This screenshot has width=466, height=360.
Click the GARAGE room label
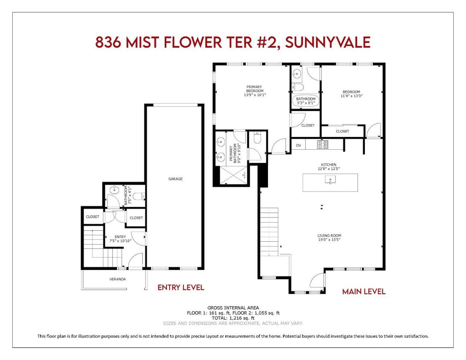click(x=175, y=179)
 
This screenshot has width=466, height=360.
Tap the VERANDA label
click(x=117, y=279)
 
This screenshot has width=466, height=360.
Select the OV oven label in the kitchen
click(x=299, y=145)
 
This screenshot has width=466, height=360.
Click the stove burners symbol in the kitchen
click(x=323, y=144)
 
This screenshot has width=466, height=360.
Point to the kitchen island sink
click(x=330, y=180)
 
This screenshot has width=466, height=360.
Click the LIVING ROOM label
click(x=329, y=235)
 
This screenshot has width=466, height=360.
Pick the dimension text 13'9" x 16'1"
click(x=254, y=95)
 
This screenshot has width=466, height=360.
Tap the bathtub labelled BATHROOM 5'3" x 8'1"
click(x=305, y=101)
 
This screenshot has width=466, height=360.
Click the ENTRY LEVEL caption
click(x=181, y=288)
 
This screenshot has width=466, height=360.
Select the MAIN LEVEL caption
click(x=364, y=291)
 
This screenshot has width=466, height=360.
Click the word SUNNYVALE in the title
click(x=328, y=42)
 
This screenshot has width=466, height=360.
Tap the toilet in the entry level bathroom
click(x=139, y=196)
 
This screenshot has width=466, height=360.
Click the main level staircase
click(x=269, y=232)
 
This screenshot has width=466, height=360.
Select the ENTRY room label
click(x=120, y=237)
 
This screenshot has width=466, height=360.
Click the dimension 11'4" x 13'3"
click(x=352, y=96)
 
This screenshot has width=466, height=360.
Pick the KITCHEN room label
click(x=329, y=165)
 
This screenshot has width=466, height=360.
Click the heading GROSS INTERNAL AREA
click(x=233, y=308)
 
